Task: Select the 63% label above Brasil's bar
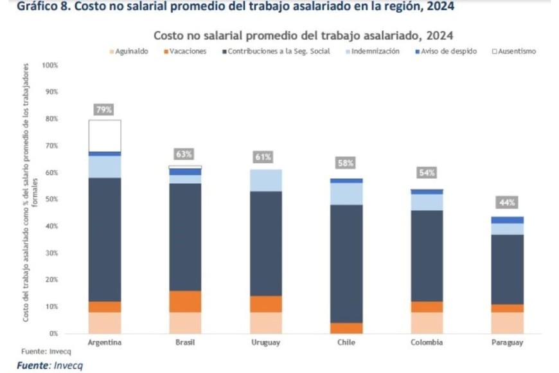[x=184, y=154]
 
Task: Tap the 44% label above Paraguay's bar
[x=508, y=203]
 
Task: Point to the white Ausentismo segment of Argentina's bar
[x=105, y=135]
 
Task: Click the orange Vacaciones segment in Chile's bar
[x=346, y=327]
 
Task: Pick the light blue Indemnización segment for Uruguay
[x=265, y=180]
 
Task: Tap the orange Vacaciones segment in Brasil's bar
[x=185, y=301]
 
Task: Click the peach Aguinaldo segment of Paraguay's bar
[x=508, y=322]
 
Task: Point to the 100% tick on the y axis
[x=49, y=66]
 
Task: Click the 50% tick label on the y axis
[x=51, y=199]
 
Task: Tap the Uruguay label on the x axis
[x=265, y=343]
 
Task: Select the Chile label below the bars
[x=346, y=343]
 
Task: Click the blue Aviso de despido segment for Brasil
[x=185, y=172]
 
